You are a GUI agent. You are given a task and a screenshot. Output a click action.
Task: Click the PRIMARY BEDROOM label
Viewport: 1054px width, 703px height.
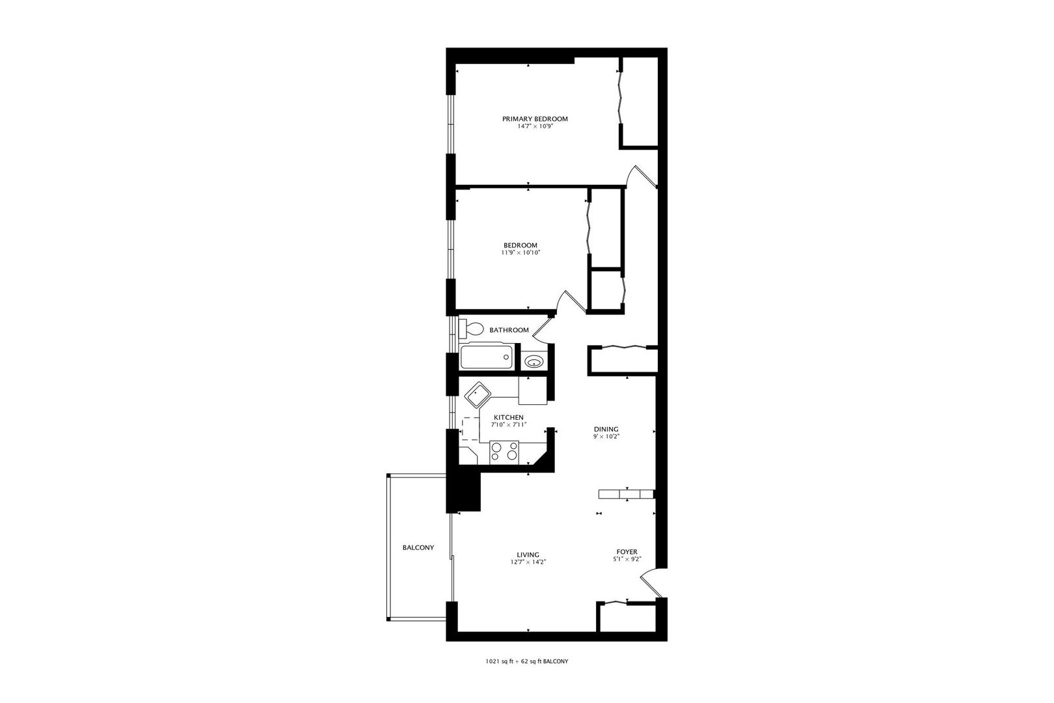pyautogui.click(x=535, y=119)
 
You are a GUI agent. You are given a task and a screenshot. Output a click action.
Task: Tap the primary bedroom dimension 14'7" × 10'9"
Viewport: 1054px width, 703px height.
pyautogui.click(x=535, y=127)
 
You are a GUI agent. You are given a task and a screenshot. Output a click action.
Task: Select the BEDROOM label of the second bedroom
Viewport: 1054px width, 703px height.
pyautogui.click(x=520, y=245)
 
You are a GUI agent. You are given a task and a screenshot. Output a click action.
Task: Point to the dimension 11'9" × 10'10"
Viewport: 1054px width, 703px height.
pyautogui.click(x=520, y=253)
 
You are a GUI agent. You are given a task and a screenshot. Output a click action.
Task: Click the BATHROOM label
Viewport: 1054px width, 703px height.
pyautogui.click(x=509, y=330)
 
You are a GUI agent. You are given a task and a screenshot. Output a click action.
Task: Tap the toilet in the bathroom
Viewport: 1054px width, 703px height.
pyautogui.click(x=472, y=328)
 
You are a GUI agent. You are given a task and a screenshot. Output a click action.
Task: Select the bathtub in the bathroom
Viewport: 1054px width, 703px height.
pyautogui.click(x=487, y=357)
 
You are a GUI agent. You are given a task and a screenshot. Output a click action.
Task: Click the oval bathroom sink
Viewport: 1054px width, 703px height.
pyautogui.click(x=535, y=362)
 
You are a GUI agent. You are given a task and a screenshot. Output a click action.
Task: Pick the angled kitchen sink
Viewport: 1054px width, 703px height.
pyautogui.click(x=478, y=394)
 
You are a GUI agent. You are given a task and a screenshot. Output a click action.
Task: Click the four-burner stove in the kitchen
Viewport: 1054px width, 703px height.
pyautogui.click(x=504, y=452)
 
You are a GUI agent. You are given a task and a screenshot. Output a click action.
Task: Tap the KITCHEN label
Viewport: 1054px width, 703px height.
pyautogui.click(x=509, y=418)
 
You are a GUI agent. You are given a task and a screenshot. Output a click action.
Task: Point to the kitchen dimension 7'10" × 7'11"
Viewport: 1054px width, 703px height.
pyautogui.click(x=509, y=424)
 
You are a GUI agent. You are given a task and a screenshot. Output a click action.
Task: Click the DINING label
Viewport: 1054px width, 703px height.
pyautogui.click(x=606, y=430)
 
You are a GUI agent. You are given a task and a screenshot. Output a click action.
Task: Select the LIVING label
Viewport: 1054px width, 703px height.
pyautogui.click(x=528, y=555)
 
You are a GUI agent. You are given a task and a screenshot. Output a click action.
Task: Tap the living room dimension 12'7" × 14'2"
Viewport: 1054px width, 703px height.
pyautogui.click(x=528, y=562)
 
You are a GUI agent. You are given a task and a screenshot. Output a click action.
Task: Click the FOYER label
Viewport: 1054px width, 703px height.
pyautogui.click(x=627, y=552)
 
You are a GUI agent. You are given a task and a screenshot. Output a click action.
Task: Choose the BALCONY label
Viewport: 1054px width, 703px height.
pyautogui.click(x=418, y=547)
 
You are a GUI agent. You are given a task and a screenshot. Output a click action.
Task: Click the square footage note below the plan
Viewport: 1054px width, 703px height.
pyautogui.click(x=527, y=661)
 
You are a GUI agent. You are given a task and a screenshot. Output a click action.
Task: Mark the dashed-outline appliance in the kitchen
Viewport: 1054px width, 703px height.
pyautogui.click(x=470, y=428)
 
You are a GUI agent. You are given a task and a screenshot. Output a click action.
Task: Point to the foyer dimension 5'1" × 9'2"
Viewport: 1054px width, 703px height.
pyautogui.click(x=627, y=559)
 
